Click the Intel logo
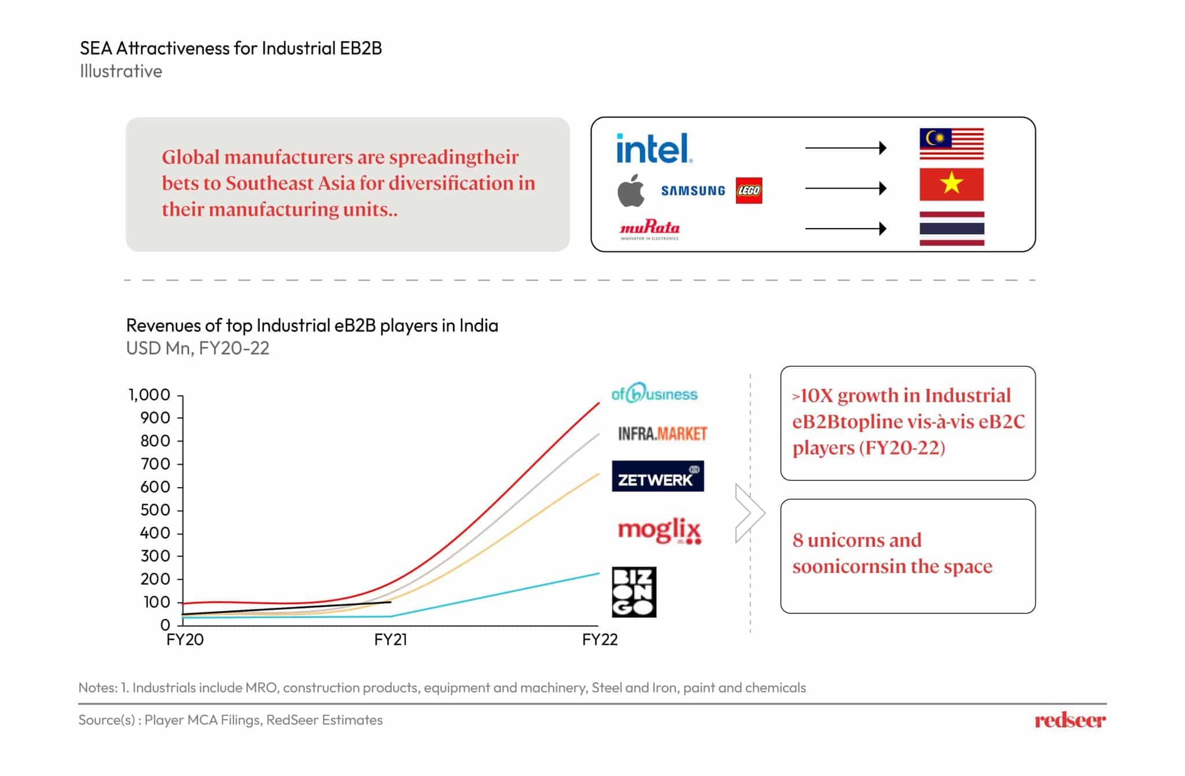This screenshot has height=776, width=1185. (653, 148)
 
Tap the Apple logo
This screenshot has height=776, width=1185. (631, 190)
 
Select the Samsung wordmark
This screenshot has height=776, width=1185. (693, 191)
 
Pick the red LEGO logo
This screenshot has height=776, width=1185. (749, 191)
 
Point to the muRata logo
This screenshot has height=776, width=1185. (650, 229)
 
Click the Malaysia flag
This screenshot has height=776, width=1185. (951, 144)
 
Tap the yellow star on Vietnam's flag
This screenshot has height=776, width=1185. (951, 184)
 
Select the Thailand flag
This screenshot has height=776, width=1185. (951, 229)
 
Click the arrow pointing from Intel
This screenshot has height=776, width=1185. (845, 148)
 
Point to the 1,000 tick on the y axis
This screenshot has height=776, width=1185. (149, 395)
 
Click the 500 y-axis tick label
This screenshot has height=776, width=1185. (155, 510)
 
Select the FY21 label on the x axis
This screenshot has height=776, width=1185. (391, 639)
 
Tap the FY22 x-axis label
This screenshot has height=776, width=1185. (599, 639)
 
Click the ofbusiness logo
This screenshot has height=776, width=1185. (654, 393)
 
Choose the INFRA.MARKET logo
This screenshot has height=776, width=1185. (663, 433)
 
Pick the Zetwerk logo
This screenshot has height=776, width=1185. (658, 476)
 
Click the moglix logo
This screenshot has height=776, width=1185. (660, 530)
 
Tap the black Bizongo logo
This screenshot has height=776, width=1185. (634, 591)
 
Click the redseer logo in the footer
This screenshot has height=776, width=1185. (1070, 720)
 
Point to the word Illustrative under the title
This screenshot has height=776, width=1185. (121, 71)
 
